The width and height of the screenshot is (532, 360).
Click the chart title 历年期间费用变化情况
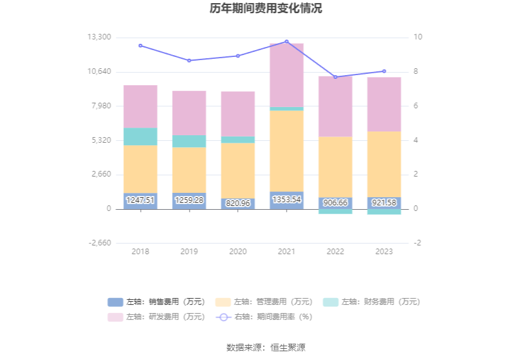266,9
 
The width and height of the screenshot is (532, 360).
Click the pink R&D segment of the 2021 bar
287,75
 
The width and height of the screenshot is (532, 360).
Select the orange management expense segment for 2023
384,164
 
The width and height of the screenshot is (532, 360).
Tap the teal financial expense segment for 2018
140,136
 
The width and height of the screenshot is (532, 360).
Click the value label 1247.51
140,200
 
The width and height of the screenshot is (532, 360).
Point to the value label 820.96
238,203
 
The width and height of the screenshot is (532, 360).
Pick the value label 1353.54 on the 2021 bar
287,200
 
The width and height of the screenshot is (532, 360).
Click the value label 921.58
384,203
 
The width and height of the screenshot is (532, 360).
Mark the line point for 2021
287,41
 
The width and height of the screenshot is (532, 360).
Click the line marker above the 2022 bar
335,77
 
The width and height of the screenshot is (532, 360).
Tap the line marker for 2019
189,61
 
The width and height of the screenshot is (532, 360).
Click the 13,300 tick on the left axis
100,38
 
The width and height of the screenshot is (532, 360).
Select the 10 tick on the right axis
418,38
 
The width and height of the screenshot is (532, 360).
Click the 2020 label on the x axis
238,252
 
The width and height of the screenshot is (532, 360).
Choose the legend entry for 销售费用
156,302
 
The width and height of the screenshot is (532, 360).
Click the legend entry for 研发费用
156,317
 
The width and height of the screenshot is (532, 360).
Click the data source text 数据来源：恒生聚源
266,347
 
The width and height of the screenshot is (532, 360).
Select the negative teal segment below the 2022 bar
335,212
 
